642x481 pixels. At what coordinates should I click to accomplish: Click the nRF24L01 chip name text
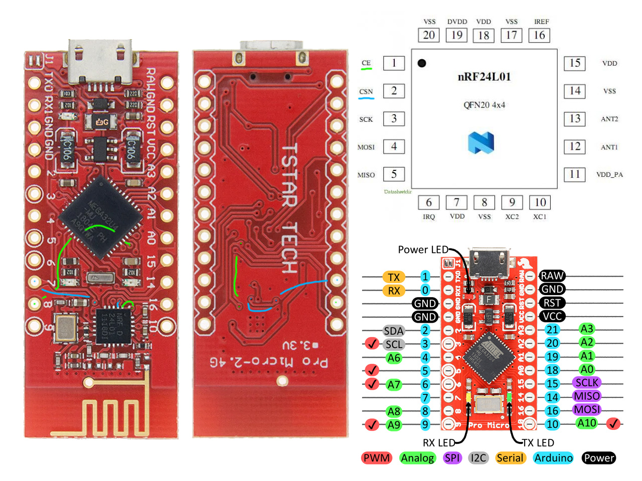(484, 77)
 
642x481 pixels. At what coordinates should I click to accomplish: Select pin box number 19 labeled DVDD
(456, 35)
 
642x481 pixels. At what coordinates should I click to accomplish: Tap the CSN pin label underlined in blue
(366, 92)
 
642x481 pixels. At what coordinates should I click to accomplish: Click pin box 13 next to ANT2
(575, 119)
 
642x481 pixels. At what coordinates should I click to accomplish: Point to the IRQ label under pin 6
(429, 217)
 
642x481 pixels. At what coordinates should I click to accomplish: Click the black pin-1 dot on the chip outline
(422, 63)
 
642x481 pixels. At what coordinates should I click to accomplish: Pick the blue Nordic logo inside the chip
(481, 142)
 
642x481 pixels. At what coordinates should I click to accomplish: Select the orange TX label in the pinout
(394, 277)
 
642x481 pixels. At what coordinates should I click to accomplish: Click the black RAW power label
(552, 276)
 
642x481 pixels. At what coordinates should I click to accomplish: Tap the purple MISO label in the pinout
(586, 396)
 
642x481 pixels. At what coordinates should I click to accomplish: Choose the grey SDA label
(394, 331)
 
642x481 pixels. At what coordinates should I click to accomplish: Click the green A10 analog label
(586, 423)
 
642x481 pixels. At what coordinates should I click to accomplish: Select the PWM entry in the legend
(377, 458)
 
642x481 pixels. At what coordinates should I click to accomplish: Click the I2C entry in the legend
(478, 458)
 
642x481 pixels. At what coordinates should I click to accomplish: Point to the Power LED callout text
(423, 250)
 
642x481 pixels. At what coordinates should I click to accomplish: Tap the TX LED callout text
(538, 443)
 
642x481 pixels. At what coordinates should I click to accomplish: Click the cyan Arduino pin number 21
(552, 330)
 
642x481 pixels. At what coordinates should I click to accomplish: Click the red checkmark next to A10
(613, 424)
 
